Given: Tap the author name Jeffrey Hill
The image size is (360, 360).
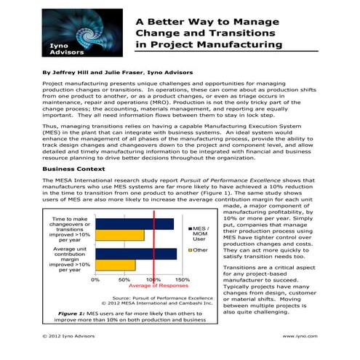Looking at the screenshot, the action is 76,73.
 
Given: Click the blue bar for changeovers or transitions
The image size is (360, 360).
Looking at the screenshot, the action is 135,224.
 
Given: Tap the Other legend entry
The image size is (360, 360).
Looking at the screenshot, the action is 199,250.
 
